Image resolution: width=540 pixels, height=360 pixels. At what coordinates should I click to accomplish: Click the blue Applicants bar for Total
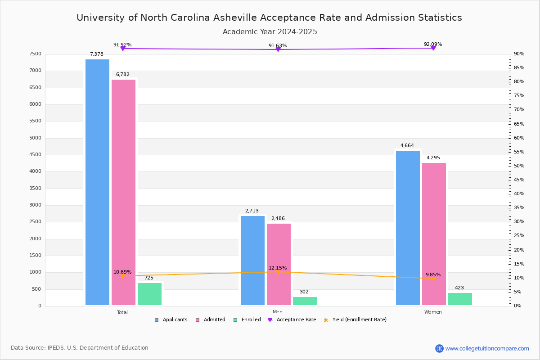[x=97, y=182]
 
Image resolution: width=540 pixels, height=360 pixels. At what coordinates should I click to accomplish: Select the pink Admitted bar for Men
[x=279, y=264]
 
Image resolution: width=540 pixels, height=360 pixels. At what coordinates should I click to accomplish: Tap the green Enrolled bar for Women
[x=460, y=299]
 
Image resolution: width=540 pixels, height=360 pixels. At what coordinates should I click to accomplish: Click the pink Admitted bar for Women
[x=434, y=234]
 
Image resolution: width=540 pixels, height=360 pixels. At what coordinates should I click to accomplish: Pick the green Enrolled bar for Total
[x=149, y=294]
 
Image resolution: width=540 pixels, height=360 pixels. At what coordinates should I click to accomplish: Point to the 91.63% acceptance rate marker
[x=278, y=49]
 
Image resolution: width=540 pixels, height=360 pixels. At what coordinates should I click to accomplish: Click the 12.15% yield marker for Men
[x=278, y=272]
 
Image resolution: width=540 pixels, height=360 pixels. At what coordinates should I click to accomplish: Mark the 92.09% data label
[x=432, y=44]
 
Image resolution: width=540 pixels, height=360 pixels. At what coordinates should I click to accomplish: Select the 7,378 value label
[x=96, y=54]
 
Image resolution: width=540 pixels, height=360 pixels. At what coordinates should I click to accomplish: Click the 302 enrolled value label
[x=304, y=292]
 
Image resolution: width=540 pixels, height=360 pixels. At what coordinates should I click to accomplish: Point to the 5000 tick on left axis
[x=35, y=138]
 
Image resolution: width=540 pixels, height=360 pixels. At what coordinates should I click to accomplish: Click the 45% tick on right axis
[x=519, y=180]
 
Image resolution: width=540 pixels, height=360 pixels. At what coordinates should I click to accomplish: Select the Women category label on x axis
[x=432, y=312]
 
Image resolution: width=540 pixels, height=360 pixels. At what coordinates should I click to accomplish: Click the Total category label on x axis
[x=122, y=312]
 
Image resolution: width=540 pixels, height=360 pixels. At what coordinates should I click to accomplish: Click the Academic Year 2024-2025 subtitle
[x=270, y=32]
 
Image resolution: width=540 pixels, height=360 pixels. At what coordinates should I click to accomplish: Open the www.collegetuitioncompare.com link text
[x=487, y=348]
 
